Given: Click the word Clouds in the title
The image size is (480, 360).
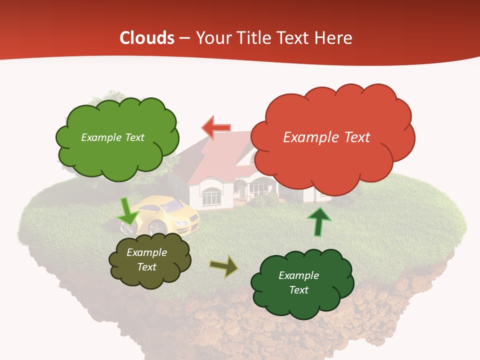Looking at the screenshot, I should pos(147,38).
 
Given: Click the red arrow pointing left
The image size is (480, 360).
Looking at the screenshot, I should pos(216,127).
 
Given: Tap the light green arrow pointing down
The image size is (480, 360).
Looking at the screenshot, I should pos(127,211).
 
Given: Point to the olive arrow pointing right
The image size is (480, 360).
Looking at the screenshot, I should pos(224,266).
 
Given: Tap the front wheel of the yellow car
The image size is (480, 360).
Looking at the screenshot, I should pos(158,228).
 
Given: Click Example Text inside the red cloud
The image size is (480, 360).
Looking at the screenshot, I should pos(326,137).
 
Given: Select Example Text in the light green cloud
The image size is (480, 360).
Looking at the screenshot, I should pos(112,137).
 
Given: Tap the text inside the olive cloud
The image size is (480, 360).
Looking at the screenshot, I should pos(146,260).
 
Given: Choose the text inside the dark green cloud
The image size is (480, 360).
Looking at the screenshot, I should pos(298,282).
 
